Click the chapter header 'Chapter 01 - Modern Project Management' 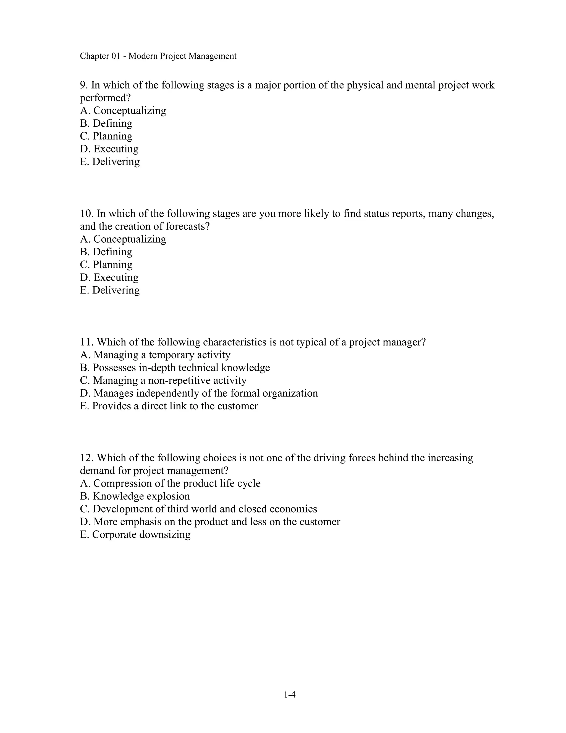coord(158,56)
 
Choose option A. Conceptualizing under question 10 coord(123,239)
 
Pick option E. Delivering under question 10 coord(110,290)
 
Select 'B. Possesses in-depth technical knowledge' coord(175,368)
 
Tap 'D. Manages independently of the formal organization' coord(199,393)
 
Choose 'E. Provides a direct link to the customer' coord(169,406)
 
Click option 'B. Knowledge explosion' coord(135,496)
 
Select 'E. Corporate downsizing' coord(135,534)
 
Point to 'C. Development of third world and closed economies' coord(198,509)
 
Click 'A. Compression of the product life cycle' coord(170,483)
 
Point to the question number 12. coord(87,458)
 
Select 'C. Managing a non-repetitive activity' coord(163,380)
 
